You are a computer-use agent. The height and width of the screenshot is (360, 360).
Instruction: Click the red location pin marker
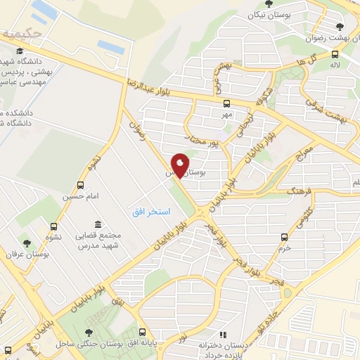point(181,166)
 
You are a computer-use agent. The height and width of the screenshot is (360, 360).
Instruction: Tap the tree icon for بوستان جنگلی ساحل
point(88,333)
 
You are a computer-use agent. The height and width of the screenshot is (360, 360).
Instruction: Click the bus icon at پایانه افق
point(143,332)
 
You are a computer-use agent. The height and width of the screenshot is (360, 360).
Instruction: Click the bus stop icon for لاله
point(334,53)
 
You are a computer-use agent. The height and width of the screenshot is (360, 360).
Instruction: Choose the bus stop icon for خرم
point(283,237)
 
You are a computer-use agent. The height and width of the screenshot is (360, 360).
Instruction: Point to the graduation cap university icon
point(19,51)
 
